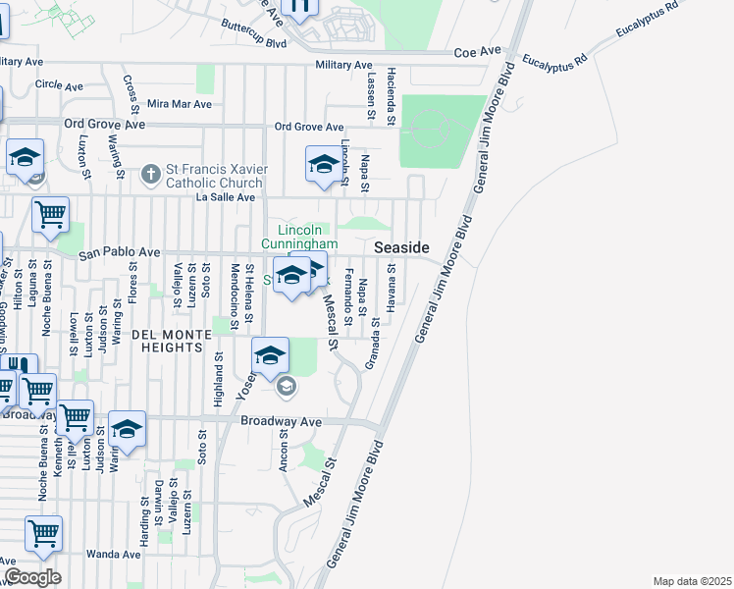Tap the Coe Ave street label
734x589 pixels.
point(478,50)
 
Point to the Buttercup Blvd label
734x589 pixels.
point(253,33)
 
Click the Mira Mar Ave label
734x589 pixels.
point(179,104)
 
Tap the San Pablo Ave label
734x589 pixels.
point(119,253)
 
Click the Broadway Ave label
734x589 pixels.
point(282,421)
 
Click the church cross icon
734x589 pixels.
point(150,176)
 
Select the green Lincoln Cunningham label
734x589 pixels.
point(300,237)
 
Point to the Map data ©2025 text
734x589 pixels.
point(692,581)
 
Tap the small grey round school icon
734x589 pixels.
point(286,386)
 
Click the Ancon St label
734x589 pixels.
point(283,450)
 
